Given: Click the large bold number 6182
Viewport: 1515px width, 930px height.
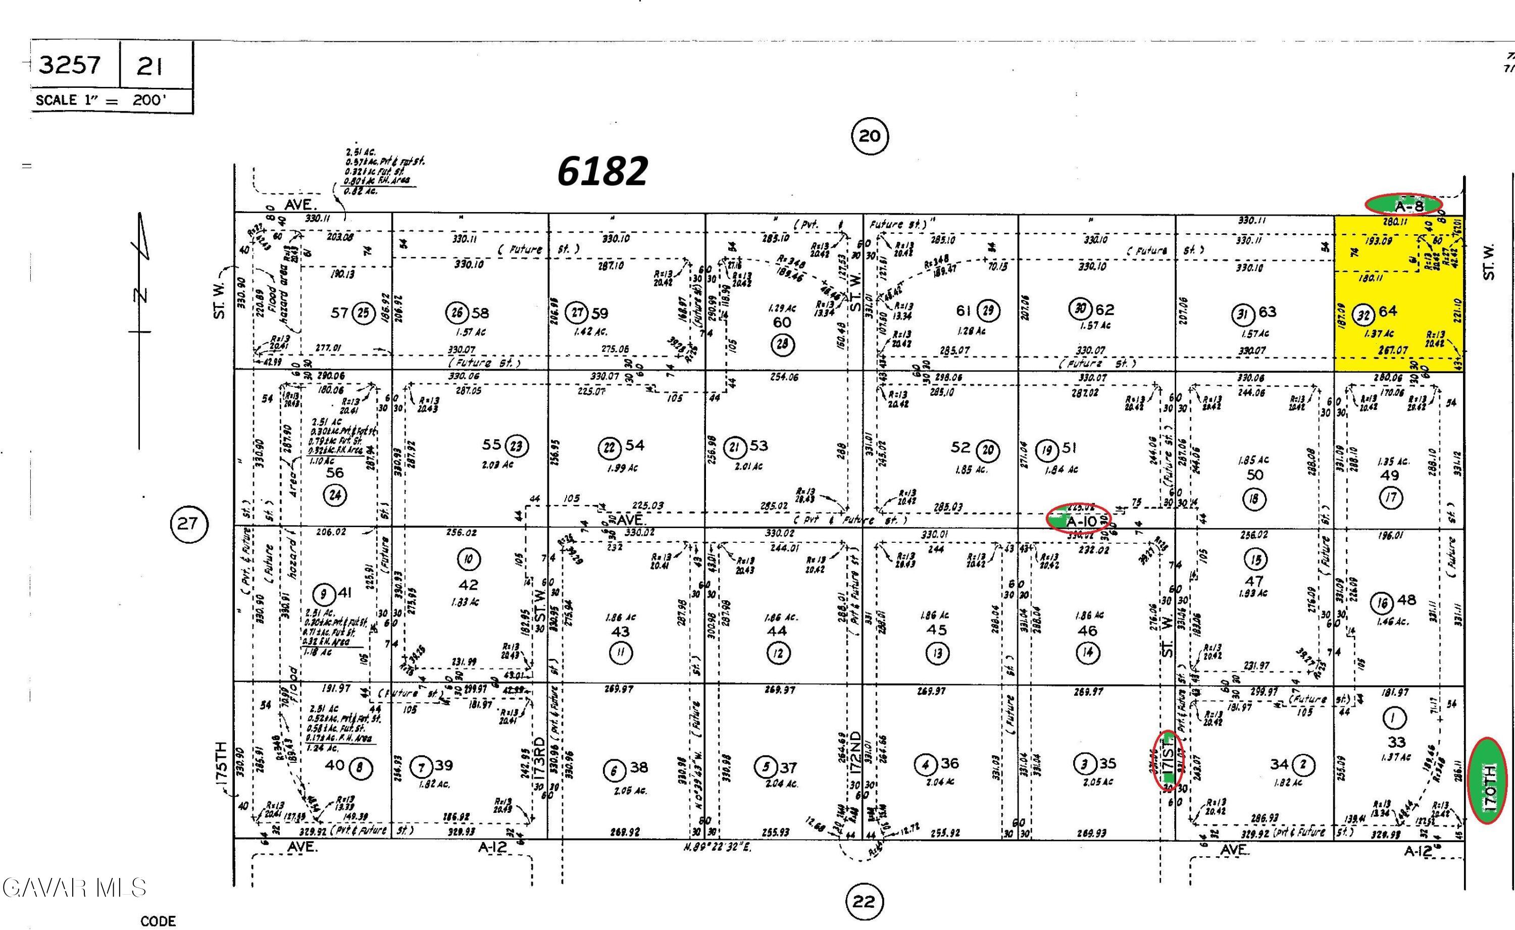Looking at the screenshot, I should click(x=602, y=172).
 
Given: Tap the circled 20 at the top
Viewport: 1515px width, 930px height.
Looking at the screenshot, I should click(x=869, y=135).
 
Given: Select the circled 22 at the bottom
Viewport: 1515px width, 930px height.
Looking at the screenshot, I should click(x=864, y=902).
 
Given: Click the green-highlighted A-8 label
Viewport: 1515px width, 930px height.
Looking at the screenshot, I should click(x=1404, y=205).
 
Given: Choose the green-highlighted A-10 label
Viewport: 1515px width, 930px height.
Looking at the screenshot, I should click(x=1078, y=521).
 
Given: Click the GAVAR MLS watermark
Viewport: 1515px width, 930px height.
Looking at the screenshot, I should click(x=74, y=888).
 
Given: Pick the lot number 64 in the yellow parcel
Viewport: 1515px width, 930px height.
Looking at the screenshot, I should click(x=1388, y=311).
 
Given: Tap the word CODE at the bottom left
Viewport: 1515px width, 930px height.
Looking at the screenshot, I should click(x=158, y=921).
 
